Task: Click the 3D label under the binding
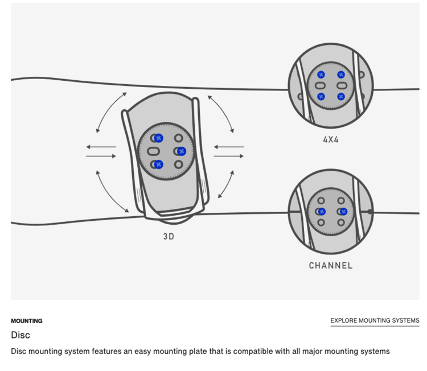(x=168, y=236)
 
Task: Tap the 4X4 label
(x=330, y=139)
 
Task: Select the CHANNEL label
(x=330, y=265)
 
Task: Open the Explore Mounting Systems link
(x=375, y=321)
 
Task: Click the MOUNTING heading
(x=26, y=321)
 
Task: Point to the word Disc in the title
(x=20, y=335)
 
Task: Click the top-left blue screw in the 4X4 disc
(x=321, y=75)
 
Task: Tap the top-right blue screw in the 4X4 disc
(x=341, y=75)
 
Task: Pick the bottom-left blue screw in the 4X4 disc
(x=321, y=96)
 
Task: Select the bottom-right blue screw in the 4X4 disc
(x=341, y=96)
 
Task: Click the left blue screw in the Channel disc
(x=322, y=212)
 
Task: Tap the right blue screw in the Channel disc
(x=343, y=212)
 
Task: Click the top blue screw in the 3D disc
(x=159, y=138)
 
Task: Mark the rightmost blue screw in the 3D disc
(x=181, y=151)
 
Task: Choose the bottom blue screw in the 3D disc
(x=159, y=164)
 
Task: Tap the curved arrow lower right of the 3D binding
(x=226, y=185)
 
